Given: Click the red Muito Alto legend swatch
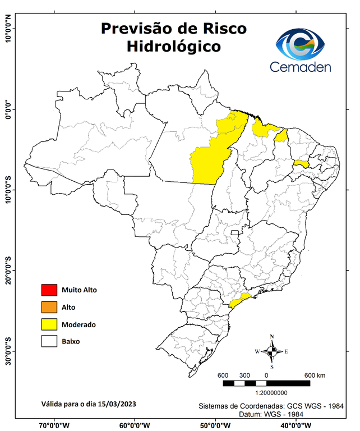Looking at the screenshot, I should pyautogui.click(x=49, y=290).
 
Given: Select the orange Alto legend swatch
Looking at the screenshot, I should pyautogui.click(x=49, y=307).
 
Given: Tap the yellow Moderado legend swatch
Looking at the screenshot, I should pyautogui.click(x=49, y=324).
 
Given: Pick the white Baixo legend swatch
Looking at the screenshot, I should pyautogui.click(x=49, y=341).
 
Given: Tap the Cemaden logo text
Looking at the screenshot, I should pyautogui.click(x=301, y=67).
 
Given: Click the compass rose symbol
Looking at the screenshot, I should pyautogui.click(x=271, y=351).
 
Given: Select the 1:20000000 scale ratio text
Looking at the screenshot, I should pyautogui.click(x=272, y=393).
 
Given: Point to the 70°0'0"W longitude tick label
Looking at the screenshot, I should pyautogui.click(x=54, y=425).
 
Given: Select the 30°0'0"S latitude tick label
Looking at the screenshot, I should pyautogui.click(x=8, y=351).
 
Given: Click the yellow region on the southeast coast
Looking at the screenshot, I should pyautogui.click(x=240, y=300).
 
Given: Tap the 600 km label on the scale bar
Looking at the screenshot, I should pyautogui.click(x=315, y=375).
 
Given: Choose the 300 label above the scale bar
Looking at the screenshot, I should pyautogui.click(x=244, y=375).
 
